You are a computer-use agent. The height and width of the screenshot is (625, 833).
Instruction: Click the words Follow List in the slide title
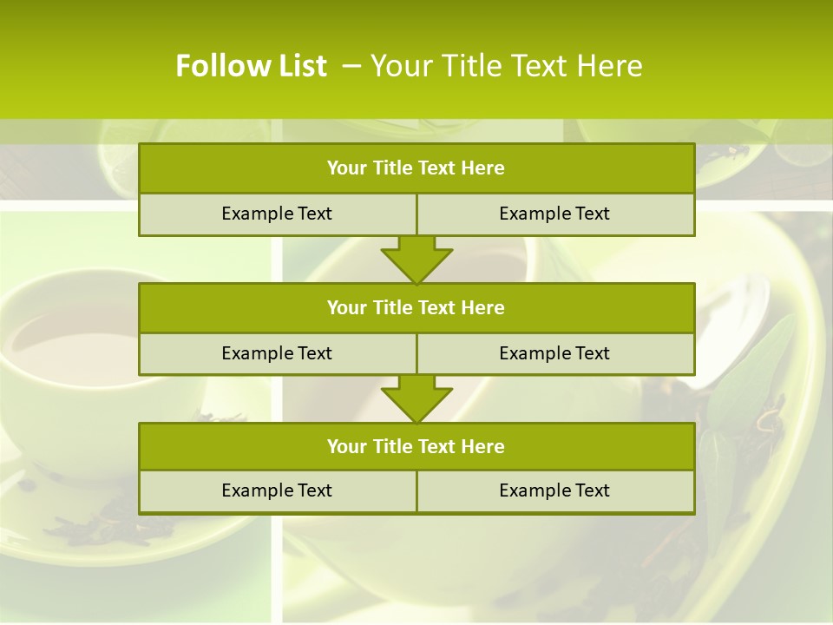[251, 66]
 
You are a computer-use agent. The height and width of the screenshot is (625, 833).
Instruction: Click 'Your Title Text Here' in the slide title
[506, 66]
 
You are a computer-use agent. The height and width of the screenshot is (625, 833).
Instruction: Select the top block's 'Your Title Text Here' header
[416, 168]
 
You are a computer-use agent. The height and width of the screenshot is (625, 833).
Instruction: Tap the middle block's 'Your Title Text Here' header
[416, 307]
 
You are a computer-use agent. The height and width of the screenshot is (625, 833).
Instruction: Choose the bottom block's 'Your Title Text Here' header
[416, 446]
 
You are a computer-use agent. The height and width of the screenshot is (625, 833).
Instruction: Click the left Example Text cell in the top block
[277, 214]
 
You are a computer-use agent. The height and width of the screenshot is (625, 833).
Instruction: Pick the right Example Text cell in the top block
[554, 214]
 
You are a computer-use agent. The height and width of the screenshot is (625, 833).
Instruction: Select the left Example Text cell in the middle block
[277, 353]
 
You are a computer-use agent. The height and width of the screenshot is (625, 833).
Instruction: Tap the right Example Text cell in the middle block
[554, 353]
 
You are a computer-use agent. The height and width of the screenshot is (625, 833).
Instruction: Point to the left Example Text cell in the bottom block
[277, 490]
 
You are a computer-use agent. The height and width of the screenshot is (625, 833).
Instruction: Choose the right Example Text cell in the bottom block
[554, 490]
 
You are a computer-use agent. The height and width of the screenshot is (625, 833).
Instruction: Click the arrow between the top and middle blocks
[416, 259]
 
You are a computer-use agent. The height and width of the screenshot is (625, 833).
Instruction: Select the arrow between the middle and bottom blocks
[416, 398]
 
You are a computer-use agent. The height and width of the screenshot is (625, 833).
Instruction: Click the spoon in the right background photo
[738, 321]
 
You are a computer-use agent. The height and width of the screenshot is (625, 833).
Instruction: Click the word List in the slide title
[298, 66]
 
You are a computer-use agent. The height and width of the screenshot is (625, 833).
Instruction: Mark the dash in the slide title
[352, 66]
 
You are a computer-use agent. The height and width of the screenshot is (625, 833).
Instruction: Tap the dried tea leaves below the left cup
[95, 521]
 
